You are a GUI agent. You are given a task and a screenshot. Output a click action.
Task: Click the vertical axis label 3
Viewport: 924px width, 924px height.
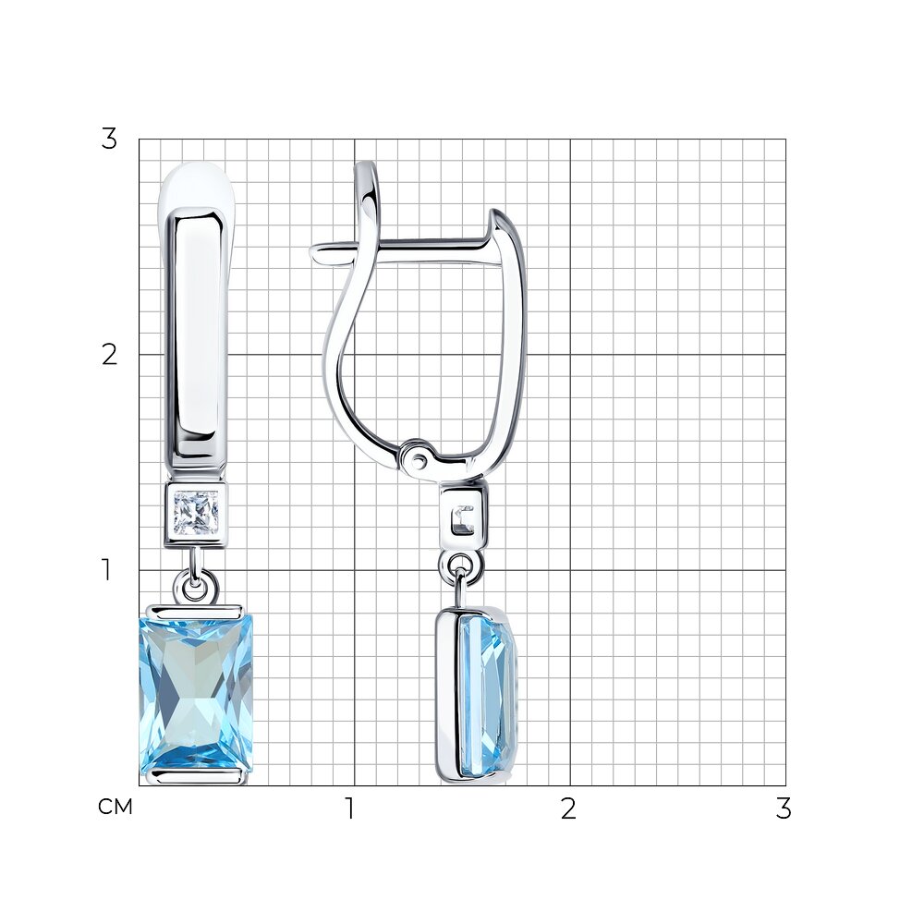click(109, 140)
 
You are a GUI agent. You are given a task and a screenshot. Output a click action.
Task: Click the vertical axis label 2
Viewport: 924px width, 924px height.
click(109, 355)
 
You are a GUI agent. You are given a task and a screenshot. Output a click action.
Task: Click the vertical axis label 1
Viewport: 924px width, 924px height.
click(106, 569)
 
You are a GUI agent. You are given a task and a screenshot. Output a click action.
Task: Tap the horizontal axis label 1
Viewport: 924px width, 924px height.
click(350, 808)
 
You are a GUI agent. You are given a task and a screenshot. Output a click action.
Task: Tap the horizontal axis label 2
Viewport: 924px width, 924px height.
click(567, 808)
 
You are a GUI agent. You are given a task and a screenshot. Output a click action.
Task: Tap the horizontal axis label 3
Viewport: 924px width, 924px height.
click(784, 808)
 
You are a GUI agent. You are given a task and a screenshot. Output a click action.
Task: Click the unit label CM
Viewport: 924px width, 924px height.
click(115, 807)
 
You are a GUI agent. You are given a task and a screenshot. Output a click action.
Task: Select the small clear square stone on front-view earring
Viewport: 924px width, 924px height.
click(196, 510)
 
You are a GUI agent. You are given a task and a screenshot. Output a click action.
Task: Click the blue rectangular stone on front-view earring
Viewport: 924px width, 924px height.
click(196, 691)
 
